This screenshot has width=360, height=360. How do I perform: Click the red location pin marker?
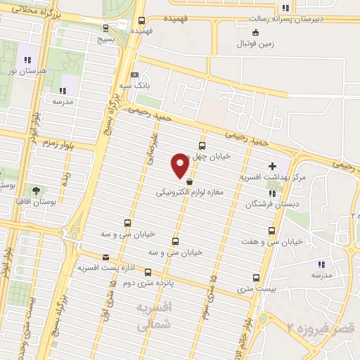click(x=180, y=164)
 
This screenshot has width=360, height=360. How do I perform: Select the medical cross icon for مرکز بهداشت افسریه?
click(x=273, y=166)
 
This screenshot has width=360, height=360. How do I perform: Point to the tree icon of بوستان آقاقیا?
click(x=36, y=190)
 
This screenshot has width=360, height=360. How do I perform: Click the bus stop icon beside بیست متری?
click(x=256, y=277)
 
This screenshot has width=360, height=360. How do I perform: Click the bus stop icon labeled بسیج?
click(x=106, y=29)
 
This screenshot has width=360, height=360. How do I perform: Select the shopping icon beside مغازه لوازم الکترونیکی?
click(x=188, y=182)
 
